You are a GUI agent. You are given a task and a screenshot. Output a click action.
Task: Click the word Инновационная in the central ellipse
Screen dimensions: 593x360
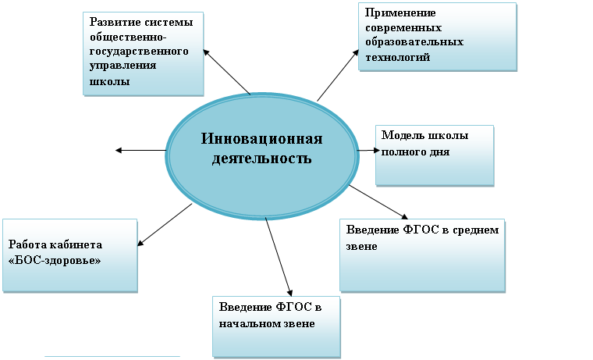tap(261, 138)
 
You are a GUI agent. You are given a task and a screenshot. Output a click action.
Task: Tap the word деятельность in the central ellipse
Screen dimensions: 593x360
tap(261, 158)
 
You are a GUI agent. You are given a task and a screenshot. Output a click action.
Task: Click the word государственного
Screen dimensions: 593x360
tap(139, 52)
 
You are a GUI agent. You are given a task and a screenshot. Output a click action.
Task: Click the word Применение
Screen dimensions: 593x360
tap(400, 13)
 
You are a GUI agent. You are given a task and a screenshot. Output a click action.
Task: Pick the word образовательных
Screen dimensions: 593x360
tap(414, 41)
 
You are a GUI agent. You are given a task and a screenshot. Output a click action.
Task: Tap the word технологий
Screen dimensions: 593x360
tap(397, 57)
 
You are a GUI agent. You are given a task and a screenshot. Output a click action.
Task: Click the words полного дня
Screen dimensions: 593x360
tap(415, 152)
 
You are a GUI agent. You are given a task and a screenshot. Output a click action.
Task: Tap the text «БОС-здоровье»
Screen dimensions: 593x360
tap(55, 261)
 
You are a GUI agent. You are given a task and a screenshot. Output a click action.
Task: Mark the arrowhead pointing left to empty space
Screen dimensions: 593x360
tap(119, 150)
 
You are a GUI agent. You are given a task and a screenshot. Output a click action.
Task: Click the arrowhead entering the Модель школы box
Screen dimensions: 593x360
tap(376, 150)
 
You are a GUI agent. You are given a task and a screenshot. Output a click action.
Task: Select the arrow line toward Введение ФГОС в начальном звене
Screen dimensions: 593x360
tap(279, 257)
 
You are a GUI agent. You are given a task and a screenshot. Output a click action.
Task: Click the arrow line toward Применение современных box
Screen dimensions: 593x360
tap(338, 75)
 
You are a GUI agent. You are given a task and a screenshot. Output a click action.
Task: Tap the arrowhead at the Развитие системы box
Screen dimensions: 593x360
tap(207, 52)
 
